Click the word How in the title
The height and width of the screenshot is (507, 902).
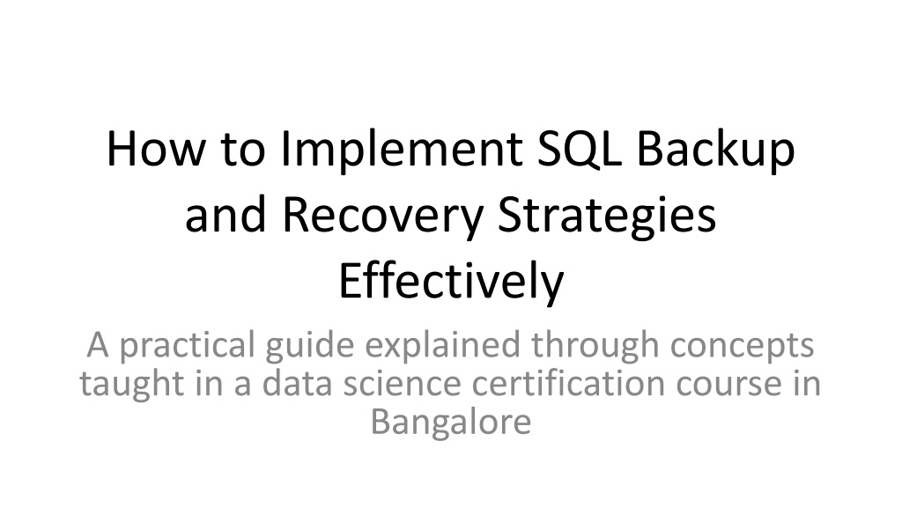[x=155, y=149]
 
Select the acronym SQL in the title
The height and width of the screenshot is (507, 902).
[x=580, y=150]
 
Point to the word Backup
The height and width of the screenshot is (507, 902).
[x=715, y=151]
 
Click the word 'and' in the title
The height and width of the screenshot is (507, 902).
[x=225, y=215]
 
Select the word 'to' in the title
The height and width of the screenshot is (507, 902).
[x=243, y=150]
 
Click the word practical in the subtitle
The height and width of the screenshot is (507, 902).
[x=187, y=347]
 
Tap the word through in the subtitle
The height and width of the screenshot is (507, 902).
[x=595, y=347]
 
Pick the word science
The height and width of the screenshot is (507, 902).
[x=402, y=383]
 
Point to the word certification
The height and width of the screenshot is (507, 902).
[x=568, y=383]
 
